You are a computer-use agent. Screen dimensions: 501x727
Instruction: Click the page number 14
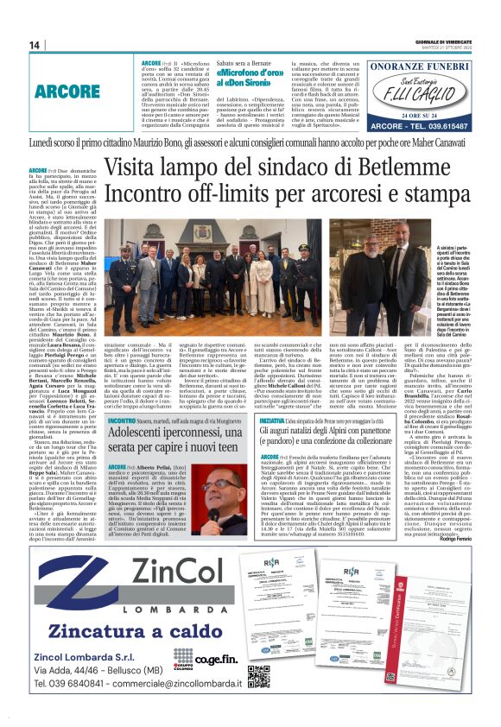(x=35, y=45)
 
